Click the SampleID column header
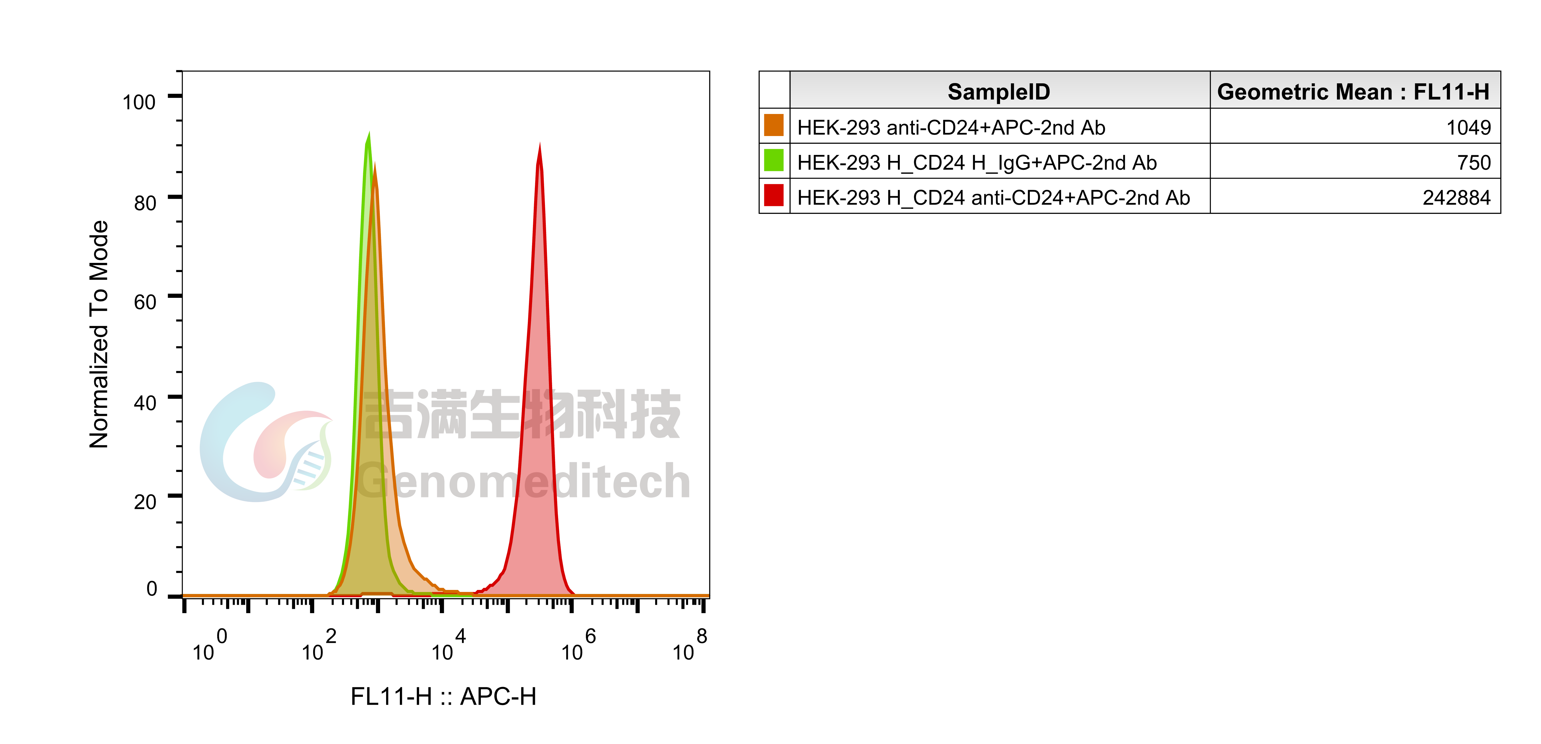998,92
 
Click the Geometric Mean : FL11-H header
1353,92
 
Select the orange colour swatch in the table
773,126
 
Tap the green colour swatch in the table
773,160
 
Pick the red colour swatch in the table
773,196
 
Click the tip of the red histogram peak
540,144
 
